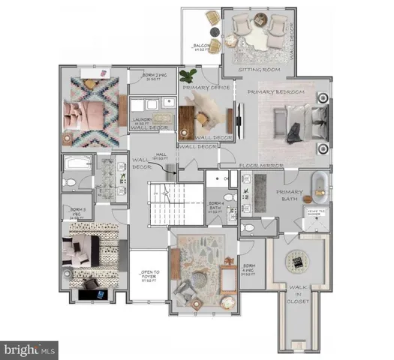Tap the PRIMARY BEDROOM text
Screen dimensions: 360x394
pos(276,91)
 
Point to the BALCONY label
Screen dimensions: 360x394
pos(201,47)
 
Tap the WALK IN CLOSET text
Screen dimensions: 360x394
pos(297,301)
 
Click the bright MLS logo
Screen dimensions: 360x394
pos(30,349)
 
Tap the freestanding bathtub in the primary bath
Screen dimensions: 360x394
pos(320,188)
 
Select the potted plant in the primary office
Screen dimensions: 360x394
pos(188,76)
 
